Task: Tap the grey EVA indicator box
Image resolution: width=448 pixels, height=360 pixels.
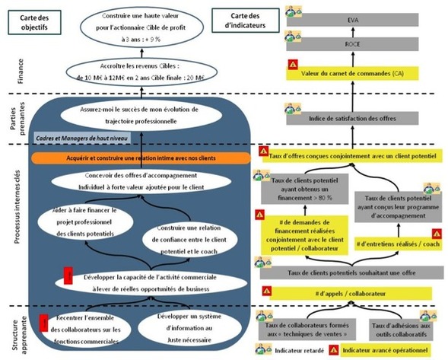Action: click(352, 19)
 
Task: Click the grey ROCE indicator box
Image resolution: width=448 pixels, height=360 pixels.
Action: click(352, 45)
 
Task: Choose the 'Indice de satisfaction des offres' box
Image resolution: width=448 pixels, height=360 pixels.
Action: click(352, 119)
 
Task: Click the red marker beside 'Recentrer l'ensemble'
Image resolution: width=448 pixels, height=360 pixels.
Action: click(44, 324)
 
